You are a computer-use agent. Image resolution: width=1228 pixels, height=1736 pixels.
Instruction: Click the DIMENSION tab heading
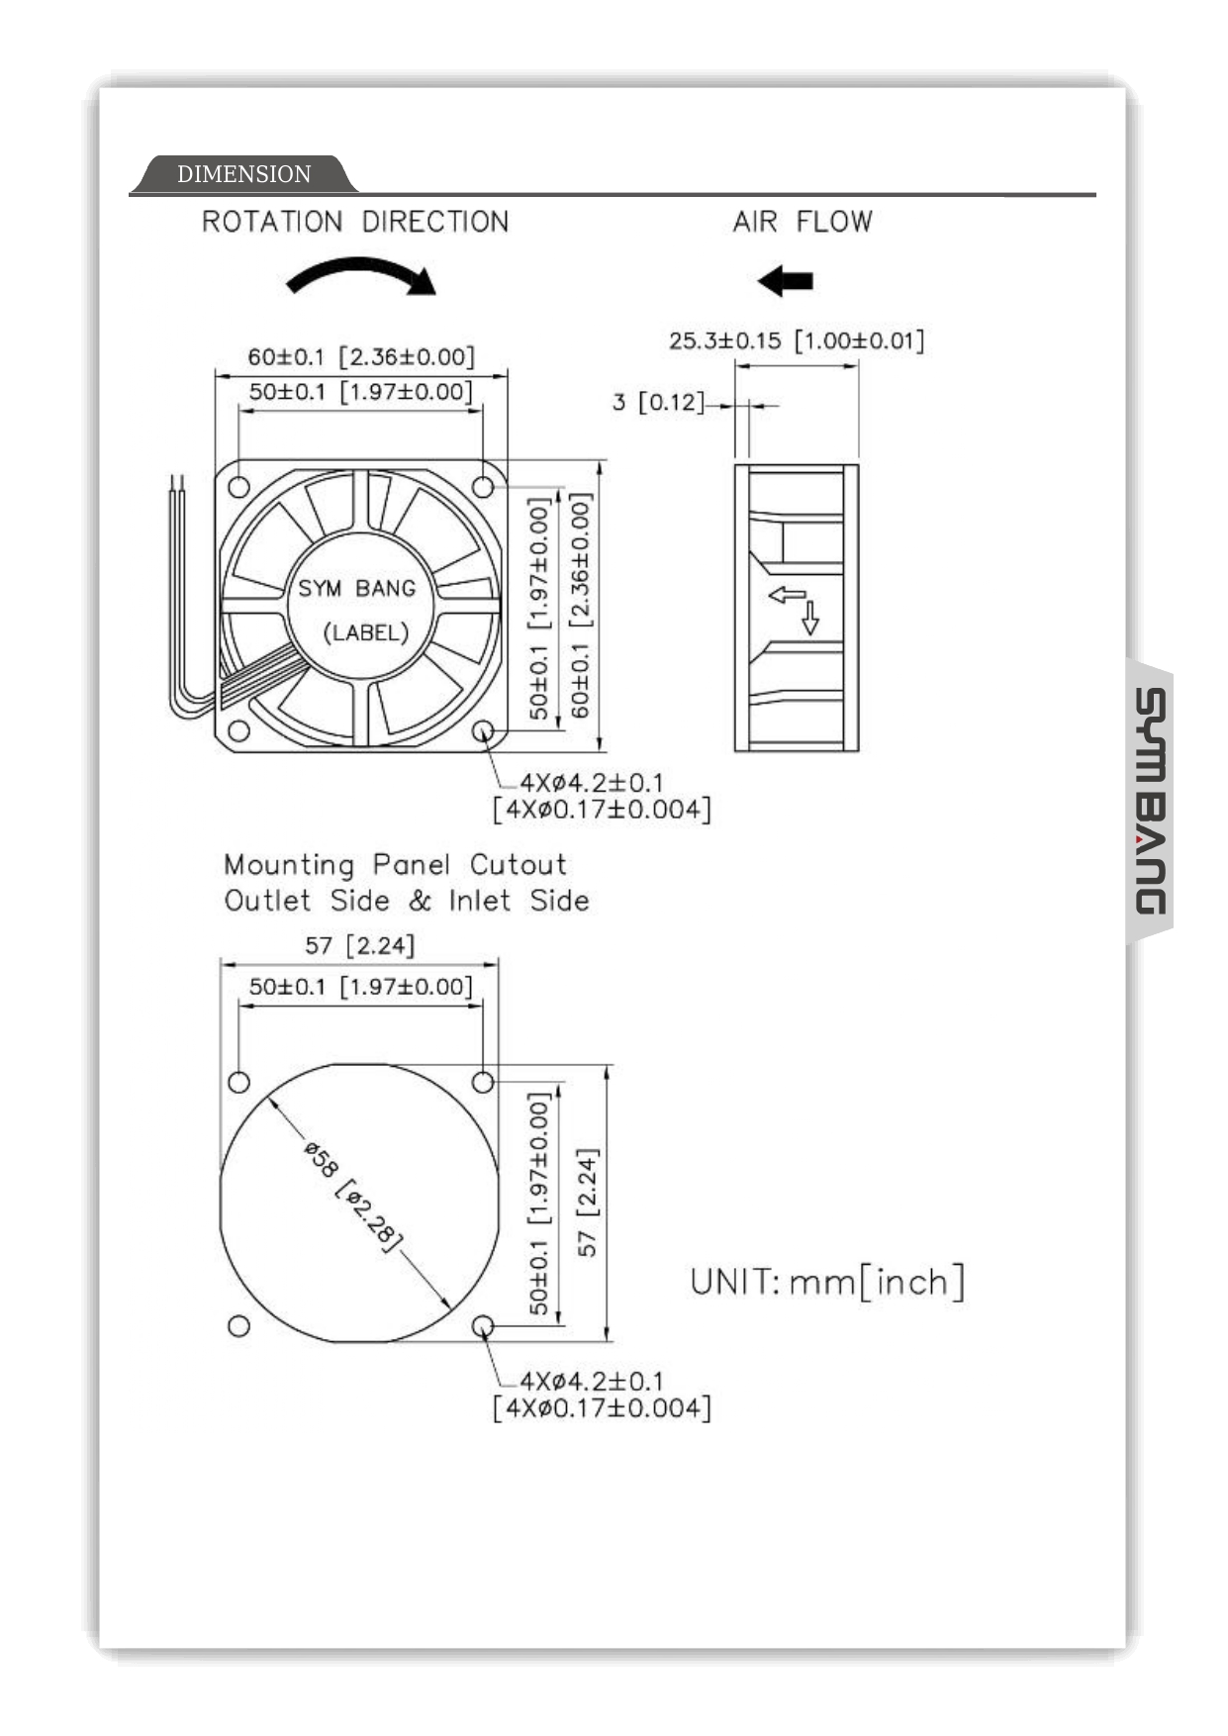[243, 174]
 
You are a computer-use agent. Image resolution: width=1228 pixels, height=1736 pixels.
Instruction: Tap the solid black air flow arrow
[786, 281]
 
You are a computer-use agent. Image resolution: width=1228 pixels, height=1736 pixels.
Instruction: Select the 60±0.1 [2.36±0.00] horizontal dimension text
[360, 356]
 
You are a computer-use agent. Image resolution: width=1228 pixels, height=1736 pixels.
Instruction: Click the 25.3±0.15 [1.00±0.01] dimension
[796, 340]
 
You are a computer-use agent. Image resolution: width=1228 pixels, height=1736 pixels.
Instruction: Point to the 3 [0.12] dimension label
[657, 402]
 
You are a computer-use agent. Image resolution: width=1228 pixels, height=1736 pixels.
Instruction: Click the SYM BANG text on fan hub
[356, 589]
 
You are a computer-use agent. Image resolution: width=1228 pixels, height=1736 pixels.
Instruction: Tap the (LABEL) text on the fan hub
[365, 632]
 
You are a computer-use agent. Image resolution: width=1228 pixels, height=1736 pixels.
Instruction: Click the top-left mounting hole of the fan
[238, 487]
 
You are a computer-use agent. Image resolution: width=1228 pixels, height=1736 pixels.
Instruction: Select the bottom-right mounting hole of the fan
[484, 731]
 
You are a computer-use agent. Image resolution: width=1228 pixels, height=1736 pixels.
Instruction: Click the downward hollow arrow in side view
[810, 618]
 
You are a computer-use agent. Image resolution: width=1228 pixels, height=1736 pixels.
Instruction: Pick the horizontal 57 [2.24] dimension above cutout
[358, 945]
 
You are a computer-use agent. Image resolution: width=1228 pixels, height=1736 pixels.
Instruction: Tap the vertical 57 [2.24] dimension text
[587, 1203]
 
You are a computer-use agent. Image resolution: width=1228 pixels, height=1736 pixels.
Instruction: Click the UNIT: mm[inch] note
[826, 1282]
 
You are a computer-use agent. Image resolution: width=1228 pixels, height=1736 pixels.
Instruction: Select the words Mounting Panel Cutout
[395, 865]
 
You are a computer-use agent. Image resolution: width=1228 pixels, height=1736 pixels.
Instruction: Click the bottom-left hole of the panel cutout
[238, 1326]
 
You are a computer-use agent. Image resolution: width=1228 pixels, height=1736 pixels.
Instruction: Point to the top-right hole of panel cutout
[483, 1082]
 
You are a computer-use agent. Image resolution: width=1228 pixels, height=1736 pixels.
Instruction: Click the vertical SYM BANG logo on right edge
[1150, 802]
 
